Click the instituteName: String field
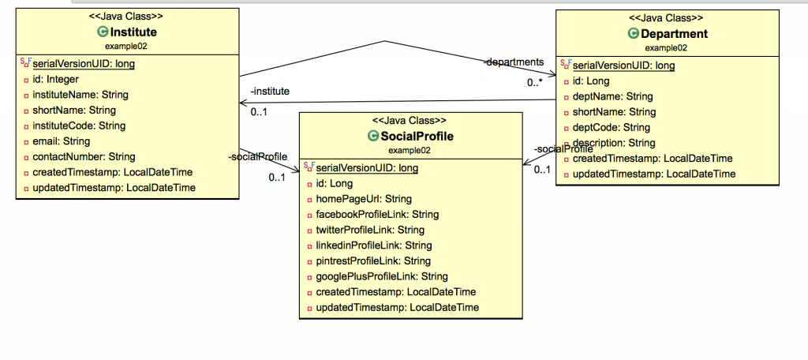pyautogui.click(x=80, y=95)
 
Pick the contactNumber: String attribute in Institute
pyautogui.click(x=83, y=157)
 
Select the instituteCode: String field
pyautogui.click(x=79, y=126)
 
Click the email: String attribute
pyautogui.click(x=60, y=141)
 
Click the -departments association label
pyautogui.click(x=513, y=62)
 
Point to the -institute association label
pyautogui.click(x=270, y=92)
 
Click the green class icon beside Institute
pyautogui.click(x=102, y=32)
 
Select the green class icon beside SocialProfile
pyautogui.click(x=374, y=137)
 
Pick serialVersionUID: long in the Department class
pyautogui.click(x=623, y=65)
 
